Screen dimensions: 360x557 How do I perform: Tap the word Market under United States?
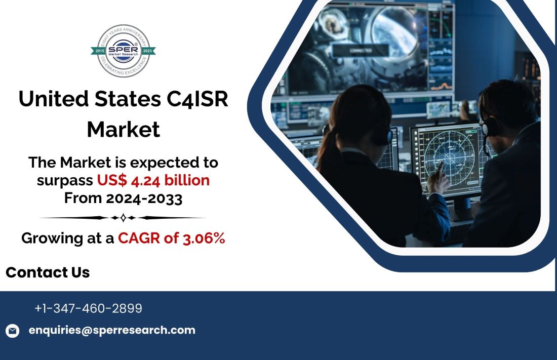tap(123, 130)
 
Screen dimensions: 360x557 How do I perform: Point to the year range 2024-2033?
tap(144, 198)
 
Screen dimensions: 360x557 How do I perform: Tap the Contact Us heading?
tap(48, 272)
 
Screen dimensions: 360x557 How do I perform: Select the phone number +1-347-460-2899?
tap(88, 308)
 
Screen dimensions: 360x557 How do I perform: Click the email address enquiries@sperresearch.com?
tap(112, 330)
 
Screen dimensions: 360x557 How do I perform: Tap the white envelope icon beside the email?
tap(12, 331)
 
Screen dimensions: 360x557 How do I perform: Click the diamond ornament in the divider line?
tap(122, 218)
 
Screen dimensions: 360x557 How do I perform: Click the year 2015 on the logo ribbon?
tap(100, 51)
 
